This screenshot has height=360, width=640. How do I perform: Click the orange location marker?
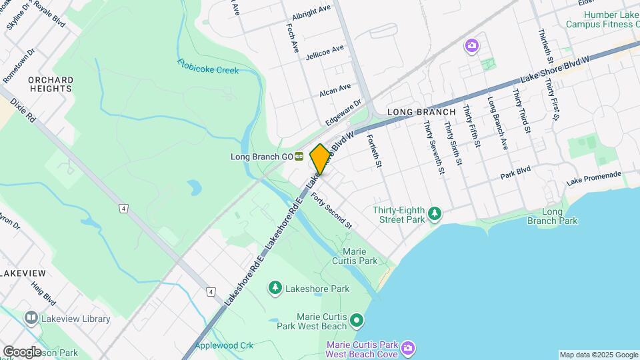click(320, 159)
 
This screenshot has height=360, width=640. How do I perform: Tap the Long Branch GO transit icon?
click(299, 157)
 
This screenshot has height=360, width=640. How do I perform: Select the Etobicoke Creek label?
click(208, 67)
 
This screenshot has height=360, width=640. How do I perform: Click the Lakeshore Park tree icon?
click(275, 287)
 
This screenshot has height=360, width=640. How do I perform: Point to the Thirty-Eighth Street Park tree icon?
click(435, 213)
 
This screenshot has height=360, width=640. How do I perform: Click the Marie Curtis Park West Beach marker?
click(357, 321)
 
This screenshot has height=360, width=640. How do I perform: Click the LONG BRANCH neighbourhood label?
click(421, 112)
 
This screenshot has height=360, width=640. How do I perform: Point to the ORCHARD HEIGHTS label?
click(51, 84)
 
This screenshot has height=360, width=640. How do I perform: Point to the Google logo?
click(22, 351)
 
